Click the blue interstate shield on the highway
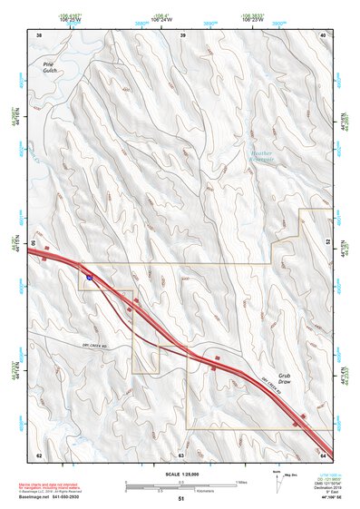[x=90, y=271]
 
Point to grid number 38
[x=38, y=34]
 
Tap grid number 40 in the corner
[x=324, y=34]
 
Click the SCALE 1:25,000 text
[x=180, y=474]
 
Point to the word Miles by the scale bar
[x=241, y=482]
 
